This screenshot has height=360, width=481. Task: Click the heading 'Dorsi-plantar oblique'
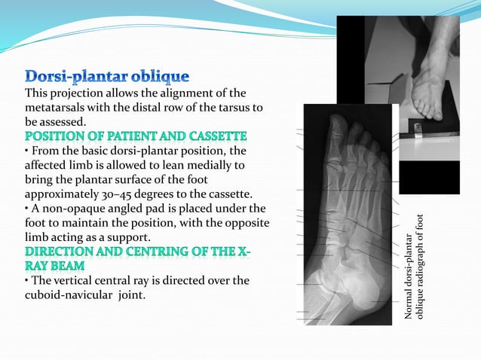coord(107,77)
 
